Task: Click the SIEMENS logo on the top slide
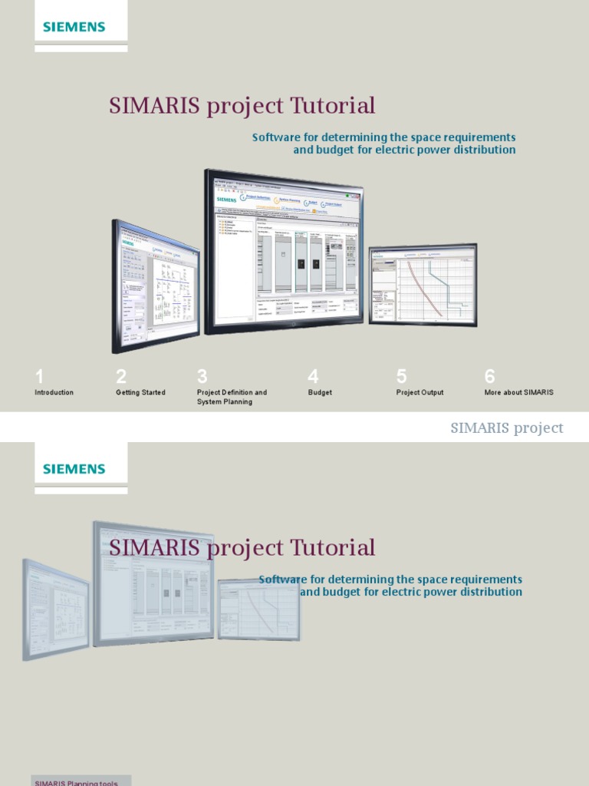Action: click(x=74, y=27)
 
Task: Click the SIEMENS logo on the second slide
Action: click(x=74, y=468)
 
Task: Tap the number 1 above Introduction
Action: click(x=39, y=376)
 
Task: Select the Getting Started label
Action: click(x=140, y=392)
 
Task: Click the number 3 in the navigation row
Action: click(x=202, y=376)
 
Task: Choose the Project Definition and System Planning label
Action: click(x=232, y=397)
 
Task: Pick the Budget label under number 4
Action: click(x=320, y=392)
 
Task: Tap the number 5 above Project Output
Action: click(x=401, y=376)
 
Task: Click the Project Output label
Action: click(x=420, y=392)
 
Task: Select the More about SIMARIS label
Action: click(x=518, y=392)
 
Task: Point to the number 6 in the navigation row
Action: click(x=489, y=376)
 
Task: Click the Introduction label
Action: click(x=54, y=392)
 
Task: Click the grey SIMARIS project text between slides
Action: click(x=506, y=428)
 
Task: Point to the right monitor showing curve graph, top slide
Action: click(x=423, y=284)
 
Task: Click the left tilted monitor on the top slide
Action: click(x=156, y=286)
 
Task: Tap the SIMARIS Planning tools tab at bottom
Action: click(x=76, y=782)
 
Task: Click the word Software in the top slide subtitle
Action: click(x=275, y=137)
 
